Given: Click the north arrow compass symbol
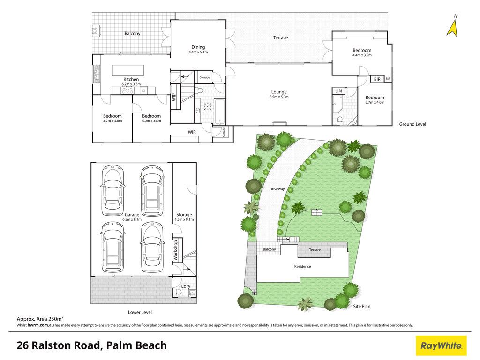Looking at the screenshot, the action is tap(452, 27).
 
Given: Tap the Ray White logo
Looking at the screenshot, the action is tap(441, 346).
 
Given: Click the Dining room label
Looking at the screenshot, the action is tap(198, 47).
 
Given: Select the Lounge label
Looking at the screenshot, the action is tap(279, 92).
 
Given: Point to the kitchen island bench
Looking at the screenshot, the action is tap(128, 70).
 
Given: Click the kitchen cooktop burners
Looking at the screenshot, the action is tap(127, 90).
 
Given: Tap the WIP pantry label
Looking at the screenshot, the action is tap(174, 97).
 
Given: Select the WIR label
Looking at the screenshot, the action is tap(192, 132).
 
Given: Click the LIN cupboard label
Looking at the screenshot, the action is tap(338, 91).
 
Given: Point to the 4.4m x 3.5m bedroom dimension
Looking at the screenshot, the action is tap(362, 55).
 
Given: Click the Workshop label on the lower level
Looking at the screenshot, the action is tap(175, 250).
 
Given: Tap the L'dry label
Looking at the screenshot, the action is tap(186, 286).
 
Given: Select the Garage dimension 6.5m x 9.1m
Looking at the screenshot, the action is tap(132, 219).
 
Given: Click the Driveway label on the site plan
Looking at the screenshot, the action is tap(277, 189).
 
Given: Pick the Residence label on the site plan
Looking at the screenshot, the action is tap(302, 267).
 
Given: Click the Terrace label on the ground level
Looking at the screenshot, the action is tap(280, 38).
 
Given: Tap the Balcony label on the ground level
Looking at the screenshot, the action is tap(132, 34).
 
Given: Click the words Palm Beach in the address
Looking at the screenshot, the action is tap(136, 345).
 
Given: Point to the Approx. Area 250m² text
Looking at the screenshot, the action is tap(40, 319).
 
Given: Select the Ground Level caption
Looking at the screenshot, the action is tap(412, 124).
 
